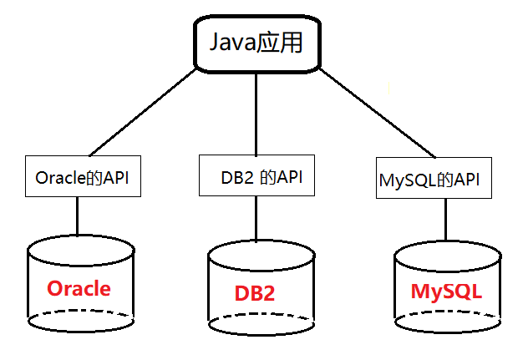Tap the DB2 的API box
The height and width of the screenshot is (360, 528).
(x=257, y=176)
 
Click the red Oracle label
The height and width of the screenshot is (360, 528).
(x=79, y=289)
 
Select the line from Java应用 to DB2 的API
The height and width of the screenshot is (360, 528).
(x=256, y=113)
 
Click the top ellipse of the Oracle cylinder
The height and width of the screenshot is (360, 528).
(x=79, y=249)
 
